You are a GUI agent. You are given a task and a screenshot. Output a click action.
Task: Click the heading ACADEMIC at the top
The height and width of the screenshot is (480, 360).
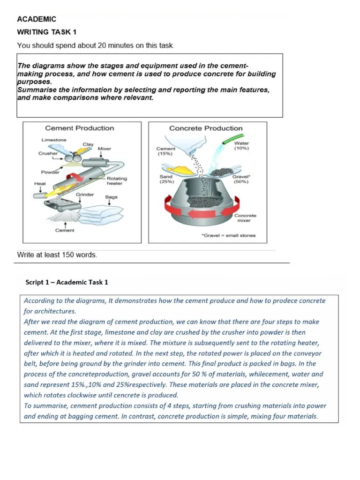click(37, 19)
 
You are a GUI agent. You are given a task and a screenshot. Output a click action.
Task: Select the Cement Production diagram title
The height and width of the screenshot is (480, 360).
click(79, 128)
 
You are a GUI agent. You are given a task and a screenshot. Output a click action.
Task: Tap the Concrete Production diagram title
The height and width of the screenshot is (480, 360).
click(206, 128)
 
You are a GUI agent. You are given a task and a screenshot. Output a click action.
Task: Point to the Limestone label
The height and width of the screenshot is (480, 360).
click(54, 140)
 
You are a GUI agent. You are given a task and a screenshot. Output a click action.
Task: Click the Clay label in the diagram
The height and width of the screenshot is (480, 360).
click(88, 144)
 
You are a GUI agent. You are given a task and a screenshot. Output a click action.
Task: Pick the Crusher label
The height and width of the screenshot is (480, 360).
click(48, 153)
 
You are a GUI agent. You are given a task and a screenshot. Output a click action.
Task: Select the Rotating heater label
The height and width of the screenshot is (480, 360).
click(117, 181)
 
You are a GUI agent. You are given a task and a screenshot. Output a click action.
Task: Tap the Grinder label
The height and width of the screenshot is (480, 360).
click(85, 194)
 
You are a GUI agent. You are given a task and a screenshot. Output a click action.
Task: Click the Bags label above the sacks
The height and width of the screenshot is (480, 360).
click(111, 197)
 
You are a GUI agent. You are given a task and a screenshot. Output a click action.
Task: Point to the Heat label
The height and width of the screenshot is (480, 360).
click(40, 183)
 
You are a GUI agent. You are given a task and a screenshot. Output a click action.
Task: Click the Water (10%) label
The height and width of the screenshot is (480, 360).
click(241, 145)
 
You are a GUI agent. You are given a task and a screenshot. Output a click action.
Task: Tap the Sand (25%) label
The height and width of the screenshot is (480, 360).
click(166, 179)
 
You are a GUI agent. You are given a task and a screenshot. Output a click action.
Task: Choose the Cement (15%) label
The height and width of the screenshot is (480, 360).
click(166, 151)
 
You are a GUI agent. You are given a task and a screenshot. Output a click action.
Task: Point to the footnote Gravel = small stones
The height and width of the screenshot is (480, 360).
click(229, 235)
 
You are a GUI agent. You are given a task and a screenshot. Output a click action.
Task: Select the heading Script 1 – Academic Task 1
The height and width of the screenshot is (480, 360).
click(67, 282)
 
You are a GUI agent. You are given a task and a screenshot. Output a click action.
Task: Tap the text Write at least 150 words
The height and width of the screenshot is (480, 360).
click(57, 255)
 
